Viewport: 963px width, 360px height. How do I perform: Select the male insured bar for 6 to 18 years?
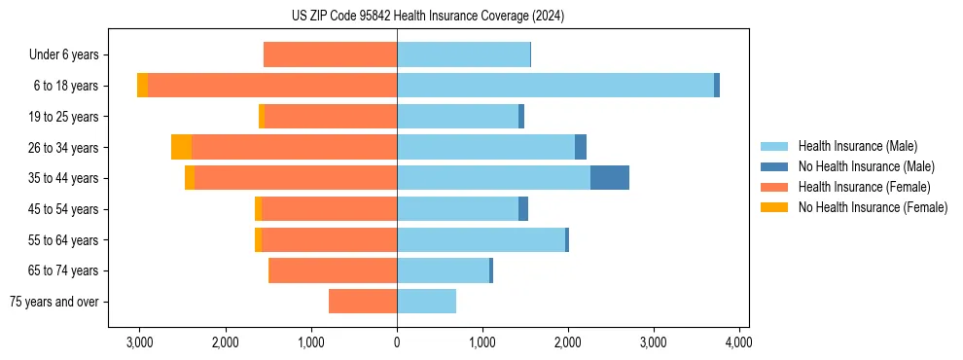click(x=554, y=86)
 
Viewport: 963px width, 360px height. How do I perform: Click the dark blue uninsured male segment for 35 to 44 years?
click(x=609, y=178)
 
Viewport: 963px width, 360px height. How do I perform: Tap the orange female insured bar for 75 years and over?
click(x=363, y=302)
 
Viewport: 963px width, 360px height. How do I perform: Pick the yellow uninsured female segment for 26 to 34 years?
click(x=181, y=147)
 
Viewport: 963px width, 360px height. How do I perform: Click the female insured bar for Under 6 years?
click(x=330, y=55)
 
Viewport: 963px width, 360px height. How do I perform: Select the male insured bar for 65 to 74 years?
click(x=443, y=270)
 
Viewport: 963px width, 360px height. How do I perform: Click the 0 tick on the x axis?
click(x=397, y=342)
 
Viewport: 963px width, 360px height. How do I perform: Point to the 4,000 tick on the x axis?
click(x=738, y=342)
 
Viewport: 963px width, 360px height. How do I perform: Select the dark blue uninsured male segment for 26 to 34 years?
click(x=581, y=147)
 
